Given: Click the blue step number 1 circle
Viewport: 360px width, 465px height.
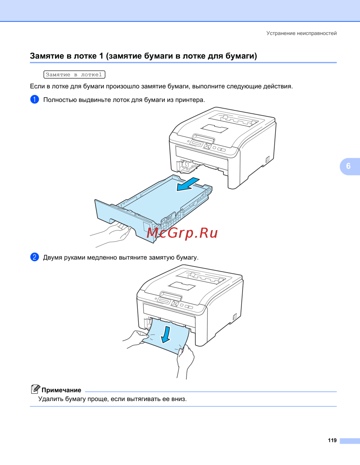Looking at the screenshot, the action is tap(35, 99).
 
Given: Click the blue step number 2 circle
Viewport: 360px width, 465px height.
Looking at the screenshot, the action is tap(35, 257).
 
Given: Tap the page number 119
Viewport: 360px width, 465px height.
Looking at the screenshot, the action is tap(332, 441).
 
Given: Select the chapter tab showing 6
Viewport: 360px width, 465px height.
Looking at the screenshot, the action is tap(350, 166).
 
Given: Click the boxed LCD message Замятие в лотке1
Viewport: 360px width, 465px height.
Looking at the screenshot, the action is tap(75, 75).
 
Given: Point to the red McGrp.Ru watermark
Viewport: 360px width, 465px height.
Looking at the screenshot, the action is tap(183, 233).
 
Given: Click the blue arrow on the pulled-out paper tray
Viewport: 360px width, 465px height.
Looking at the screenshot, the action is tap(188, 184).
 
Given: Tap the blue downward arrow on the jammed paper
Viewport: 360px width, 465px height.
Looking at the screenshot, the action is tap(166, 335).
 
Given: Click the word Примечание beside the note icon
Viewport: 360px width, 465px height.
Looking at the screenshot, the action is tap(61, 390).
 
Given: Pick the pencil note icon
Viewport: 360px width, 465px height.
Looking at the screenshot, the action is tap(36, 389).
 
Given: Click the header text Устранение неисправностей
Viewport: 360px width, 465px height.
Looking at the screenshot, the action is tap(301, 33).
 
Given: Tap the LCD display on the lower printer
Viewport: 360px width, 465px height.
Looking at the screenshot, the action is tap(163, 301).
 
